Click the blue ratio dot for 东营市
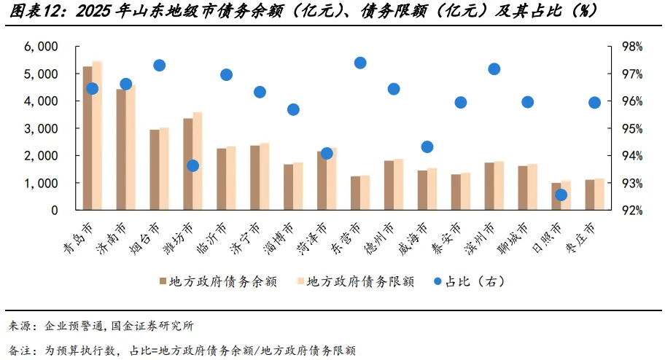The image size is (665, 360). (360, 63)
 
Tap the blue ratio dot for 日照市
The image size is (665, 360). (561, 195)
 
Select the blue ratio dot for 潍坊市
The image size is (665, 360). (193, 166)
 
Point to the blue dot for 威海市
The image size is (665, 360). (427, 147)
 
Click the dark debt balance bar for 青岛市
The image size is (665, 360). (87, 138)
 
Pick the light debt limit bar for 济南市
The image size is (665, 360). (131, 147)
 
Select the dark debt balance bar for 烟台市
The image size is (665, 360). (155, 170)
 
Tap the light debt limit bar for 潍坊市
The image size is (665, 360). (198, 161)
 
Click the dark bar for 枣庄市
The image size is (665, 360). (590, 195)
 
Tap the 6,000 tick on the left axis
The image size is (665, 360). (41, 47)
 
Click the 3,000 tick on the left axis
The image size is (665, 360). (41, 128)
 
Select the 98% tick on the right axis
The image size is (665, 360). (632, 47)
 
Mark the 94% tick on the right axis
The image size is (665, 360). (632, 156)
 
